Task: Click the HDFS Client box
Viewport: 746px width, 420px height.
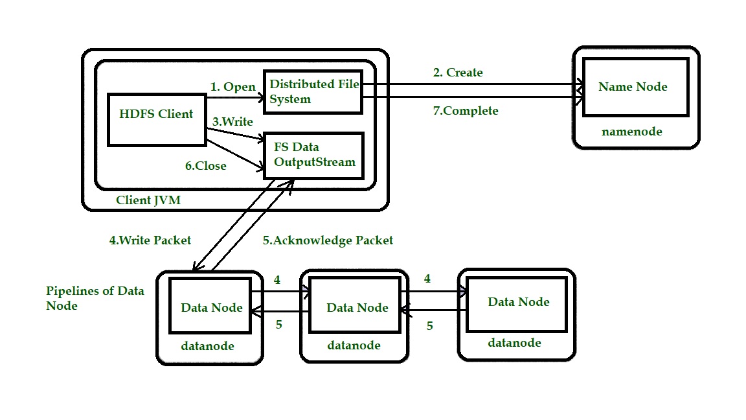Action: click(156, 120)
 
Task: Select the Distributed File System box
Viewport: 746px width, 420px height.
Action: click(313, 91)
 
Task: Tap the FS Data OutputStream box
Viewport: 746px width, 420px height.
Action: click(313, 155)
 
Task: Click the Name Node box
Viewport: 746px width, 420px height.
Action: click(633, 87)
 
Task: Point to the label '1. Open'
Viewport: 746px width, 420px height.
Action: click(232, 87)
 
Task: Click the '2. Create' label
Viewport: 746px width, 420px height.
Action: click(458, 73)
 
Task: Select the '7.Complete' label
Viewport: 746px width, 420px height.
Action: click(465, 111)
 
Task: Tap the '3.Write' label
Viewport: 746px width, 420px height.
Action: click(232, 121)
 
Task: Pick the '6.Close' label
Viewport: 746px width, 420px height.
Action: click(206, 166)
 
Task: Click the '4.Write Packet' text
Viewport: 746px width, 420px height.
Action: click(150, 240)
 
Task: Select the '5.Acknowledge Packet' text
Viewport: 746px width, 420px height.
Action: click(328, 240)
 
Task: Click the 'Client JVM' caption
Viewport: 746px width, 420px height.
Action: click(148, 200)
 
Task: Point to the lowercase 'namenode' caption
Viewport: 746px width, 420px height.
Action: click(632, 132)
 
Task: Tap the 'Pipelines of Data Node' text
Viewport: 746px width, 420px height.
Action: click(95, 298)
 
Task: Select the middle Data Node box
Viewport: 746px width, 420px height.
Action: click(357, 307)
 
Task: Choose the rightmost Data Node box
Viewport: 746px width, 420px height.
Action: click(519, 301)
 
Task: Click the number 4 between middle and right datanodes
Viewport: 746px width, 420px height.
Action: click(427, 279)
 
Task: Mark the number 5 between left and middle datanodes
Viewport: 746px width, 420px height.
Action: click(279, 325)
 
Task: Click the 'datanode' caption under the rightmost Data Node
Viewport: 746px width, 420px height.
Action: click(514, 343)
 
